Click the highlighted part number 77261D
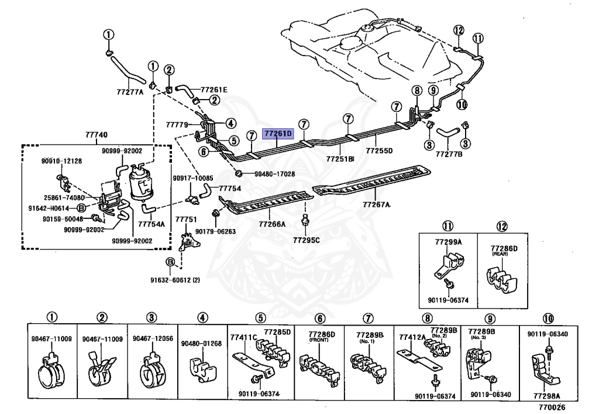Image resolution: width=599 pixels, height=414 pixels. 278,134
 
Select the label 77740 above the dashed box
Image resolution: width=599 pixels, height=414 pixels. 97,135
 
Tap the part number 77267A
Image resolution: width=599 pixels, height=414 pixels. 377,204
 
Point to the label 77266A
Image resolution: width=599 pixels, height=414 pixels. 272,224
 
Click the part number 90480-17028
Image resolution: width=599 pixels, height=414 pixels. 275,174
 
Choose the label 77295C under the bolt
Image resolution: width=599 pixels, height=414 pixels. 307,240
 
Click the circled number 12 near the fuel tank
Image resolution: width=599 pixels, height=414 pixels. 459,30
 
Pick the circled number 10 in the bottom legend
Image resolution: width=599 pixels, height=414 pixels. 548,319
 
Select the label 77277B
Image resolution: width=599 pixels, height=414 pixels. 449,155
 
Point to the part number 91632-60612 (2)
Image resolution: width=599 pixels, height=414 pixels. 175,280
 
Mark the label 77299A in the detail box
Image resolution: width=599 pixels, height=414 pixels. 449,242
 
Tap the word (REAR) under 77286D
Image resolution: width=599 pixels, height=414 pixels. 500,254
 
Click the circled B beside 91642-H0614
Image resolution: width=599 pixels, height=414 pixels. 81,208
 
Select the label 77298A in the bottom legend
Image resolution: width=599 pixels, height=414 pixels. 547,396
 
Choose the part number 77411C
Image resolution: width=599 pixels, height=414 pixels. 244,337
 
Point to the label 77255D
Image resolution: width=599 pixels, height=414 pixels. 379,150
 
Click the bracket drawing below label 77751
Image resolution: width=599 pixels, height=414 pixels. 189,240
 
